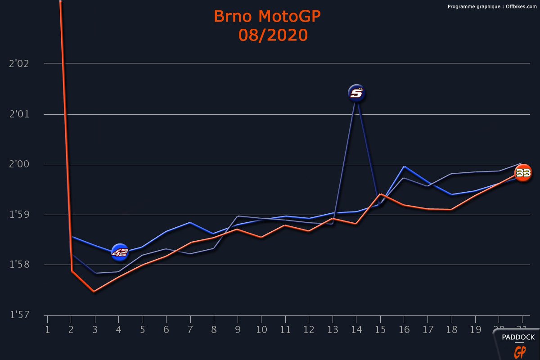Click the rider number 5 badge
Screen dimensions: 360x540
point(356,93)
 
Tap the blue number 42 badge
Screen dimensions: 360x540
point(120,252)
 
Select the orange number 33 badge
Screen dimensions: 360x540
point(523,173)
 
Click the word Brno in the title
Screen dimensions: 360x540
point(233,16)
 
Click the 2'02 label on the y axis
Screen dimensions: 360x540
point(19,63)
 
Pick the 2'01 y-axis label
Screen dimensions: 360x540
point(19,114)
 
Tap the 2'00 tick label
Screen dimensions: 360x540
point(19,165)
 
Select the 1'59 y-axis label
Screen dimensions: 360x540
point(19,215)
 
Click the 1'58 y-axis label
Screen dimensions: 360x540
point(19,265)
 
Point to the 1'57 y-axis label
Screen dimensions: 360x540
point(19,315)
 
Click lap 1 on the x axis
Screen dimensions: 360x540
point(47,329)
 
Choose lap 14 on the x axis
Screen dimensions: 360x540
point(356,329)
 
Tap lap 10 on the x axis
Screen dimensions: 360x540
point(261,329)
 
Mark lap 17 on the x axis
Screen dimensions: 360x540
point(427,329)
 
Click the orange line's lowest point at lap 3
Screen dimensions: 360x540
point(94,292)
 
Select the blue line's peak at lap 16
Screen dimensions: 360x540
point(404,166)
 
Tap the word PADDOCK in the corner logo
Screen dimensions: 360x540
point(518,337)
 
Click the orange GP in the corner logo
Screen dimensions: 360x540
point(520,351)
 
